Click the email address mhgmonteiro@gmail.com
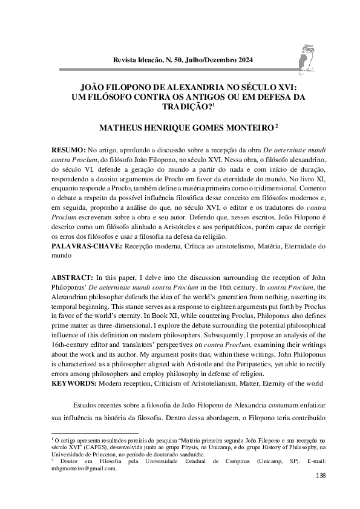(83, 468)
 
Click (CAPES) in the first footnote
(81, 446)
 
